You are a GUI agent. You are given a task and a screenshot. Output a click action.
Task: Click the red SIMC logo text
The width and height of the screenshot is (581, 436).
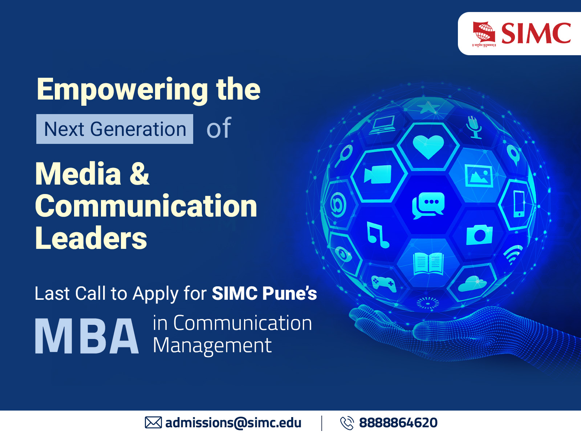[536, 33]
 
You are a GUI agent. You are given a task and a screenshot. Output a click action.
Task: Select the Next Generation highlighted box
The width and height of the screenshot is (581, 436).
[115, 129]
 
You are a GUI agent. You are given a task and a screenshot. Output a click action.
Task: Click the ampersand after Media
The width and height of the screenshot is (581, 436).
[139, 173]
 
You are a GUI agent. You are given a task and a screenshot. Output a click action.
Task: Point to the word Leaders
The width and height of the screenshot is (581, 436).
[91, 238]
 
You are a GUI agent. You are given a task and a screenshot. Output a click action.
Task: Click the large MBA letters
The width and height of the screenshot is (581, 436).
[87, 336]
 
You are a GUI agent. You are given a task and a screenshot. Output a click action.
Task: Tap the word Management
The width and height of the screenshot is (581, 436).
[212, 346]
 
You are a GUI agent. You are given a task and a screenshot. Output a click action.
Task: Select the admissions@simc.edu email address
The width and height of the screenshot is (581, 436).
[233, 423]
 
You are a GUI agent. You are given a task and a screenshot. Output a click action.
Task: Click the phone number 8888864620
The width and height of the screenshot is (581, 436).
[398, 423]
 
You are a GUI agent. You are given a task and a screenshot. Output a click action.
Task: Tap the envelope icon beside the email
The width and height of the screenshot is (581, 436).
[153, 423]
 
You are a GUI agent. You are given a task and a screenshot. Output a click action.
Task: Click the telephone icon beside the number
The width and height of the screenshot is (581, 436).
[346, 423]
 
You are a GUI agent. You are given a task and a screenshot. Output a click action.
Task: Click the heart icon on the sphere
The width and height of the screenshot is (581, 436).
[428, 146]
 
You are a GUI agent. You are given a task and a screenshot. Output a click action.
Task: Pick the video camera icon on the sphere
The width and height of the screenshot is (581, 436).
[378, 175]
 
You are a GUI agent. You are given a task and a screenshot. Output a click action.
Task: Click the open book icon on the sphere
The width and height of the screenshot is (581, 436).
[428, 263]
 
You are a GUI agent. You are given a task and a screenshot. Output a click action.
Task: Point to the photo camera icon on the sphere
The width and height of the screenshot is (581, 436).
[479, 235]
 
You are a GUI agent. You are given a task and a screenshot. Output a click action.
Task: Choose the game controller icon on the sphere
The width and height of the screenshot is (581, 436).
[383, 283]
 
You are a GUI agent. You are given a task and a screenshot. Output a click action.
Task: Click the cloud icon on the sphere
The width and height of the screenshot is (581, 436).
[472, 284]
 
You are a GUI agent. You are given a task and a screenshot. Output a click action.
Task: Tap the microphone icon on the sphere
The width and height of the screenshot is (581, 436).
[473, 127]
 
